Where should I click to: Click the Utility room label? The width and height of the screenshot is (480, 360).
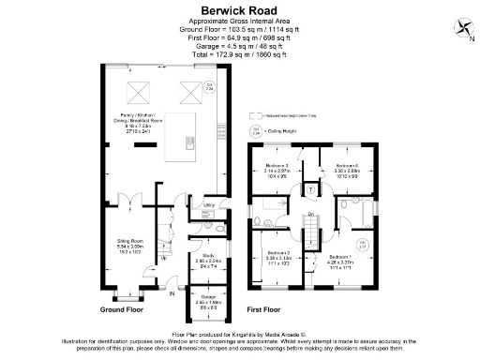210,203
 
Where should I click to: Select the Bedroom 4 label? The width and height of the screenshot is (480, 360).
347,166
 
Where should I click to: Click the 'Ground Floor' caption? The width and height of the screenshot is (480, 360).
121,308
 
